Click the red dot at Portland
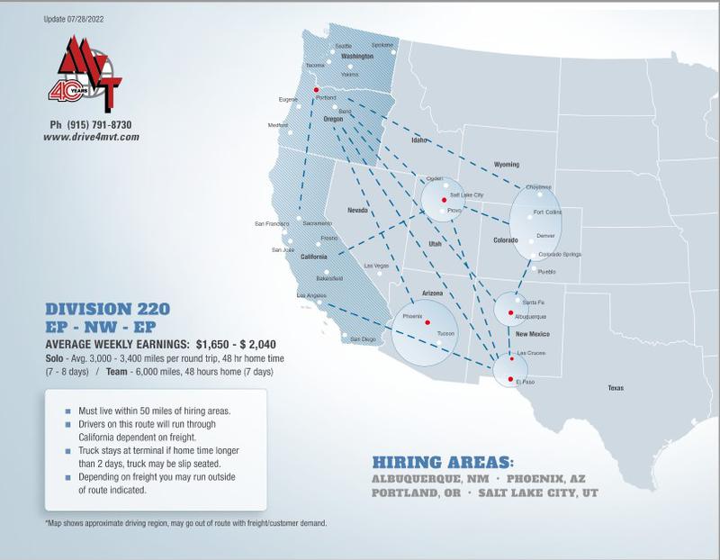pyautogui.click(x=315, y=90)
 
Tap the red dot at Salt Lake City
pyautogui.click(x=445, y=199)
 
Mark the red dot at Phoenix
pyautogui.click(x=427, y=323)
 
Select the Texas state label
pyautogui.click(x=615, y=388)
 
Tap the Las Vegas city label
pyautogui.click(x=375, y=266)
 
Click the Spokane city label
pyautogui.click(x=382, y=44)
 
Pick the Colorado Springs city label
pyautogui.click(x=559, y=254)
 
